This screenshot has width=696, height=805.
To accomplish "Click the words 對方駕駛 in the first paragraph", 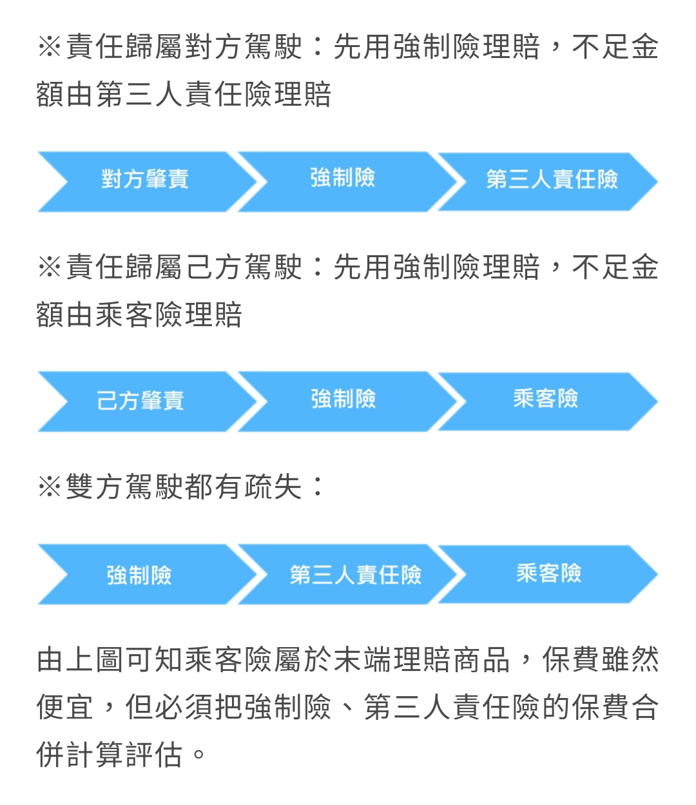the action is (x=244, y=47).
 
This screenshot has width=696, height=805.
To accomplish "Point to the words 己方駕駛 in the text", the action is (x=244, y=267).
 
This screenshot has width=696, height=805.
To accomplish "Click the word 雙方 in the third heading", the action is (x=95, y=487).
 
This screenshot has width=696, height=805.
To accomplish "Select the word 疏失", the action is (x=273, y=487).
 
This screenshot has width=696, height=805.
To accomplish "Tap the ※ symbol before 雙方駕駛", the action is (x=50, y=487).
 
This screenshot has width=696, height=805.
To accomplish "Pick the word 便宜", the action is (x=65, y=707).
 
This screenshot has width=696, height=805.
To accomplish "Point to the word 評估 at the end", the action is (x=154, y=754).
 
